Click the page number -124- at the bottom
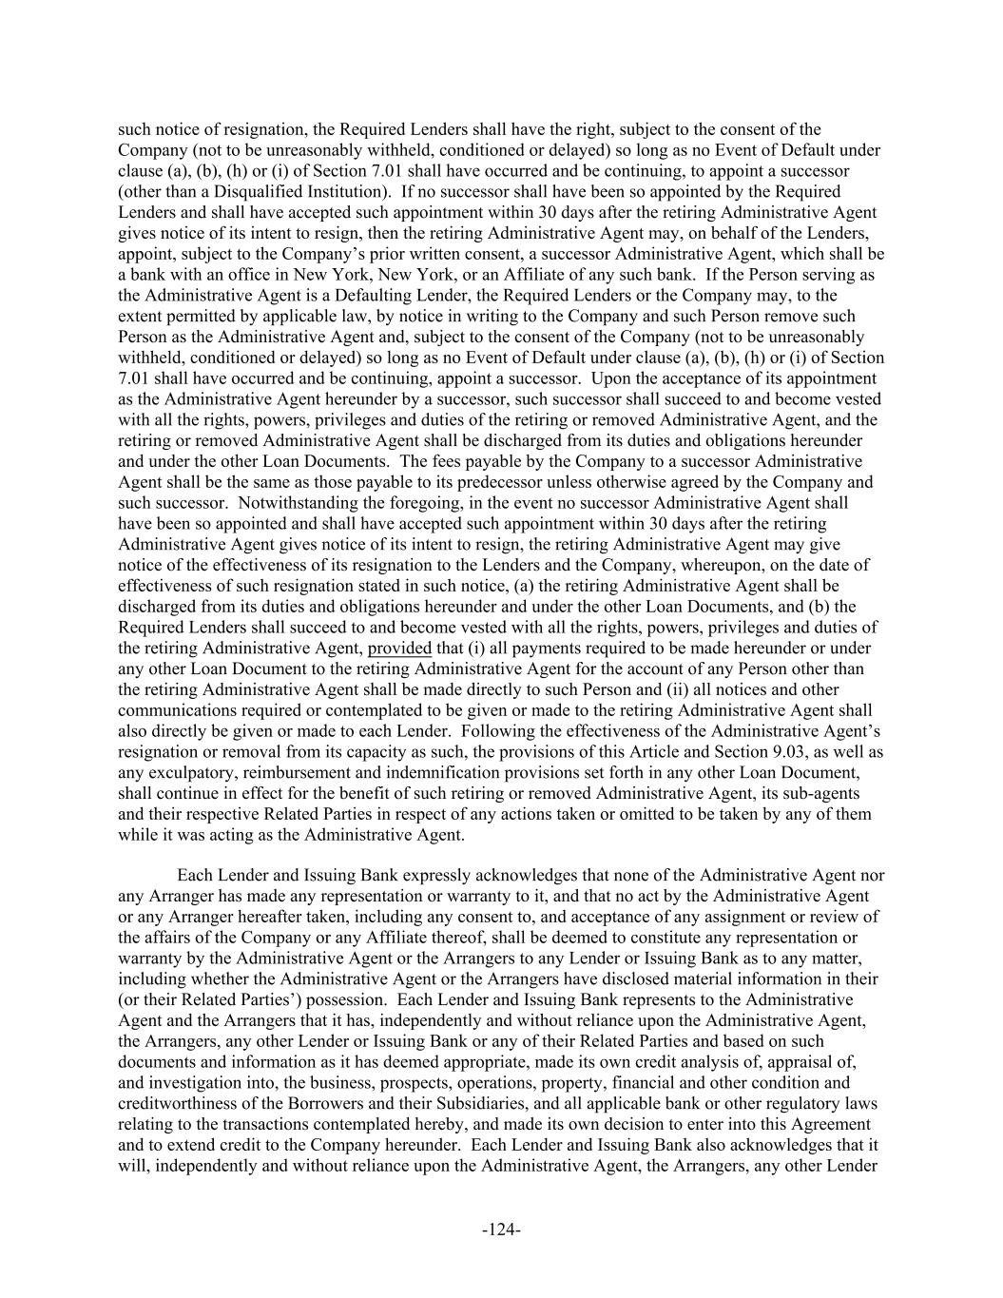tap(501, 1230)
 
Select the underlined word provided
tap(399, 649)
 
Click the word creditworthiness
tap(173, 1103)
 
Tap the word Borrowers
tap(318, 1103)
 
